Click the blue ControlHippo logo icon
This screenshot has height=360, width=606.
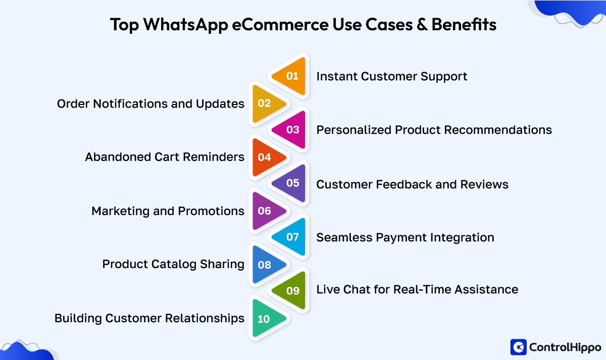pos(519,347)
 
